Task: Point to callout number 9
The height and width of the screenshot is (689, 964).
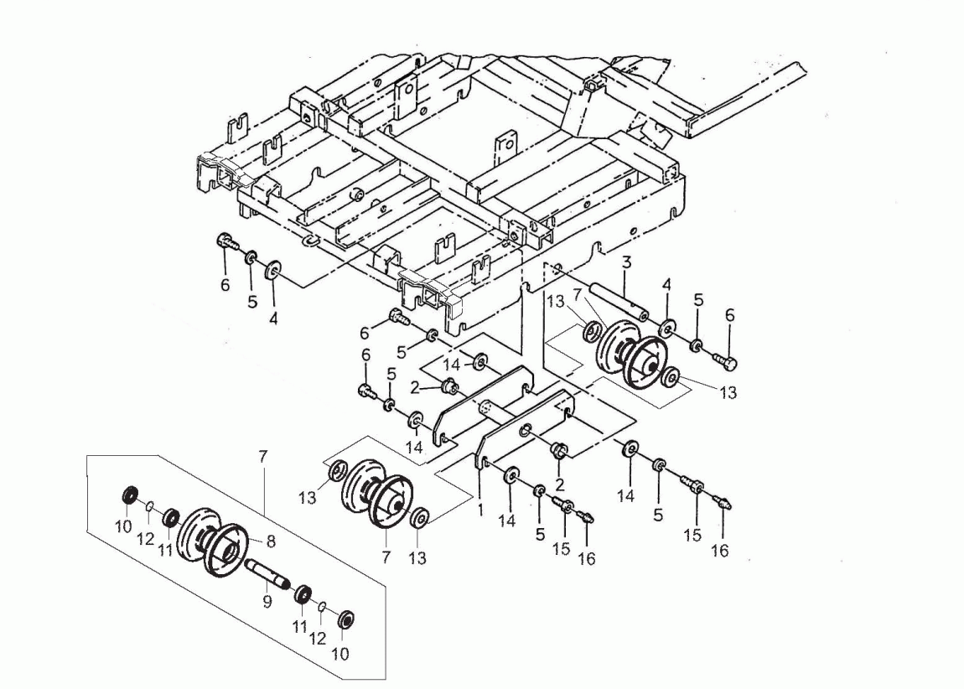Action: (266, 601)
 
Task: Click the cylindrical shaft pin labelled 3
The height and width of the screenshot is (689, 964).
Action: (619, 302)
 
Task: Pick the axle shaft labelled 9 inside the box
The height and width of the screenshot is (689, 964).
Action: (266, 576)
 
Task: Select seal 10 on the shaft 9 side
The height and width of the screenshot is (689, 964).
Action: (343, 621)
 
